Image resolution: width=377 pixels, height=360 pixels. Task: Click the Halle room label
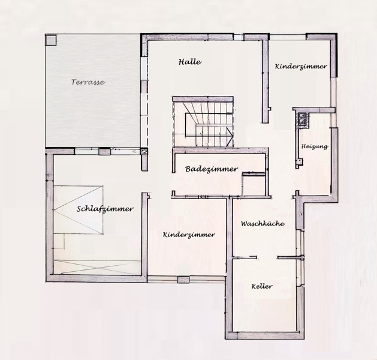[190, 62]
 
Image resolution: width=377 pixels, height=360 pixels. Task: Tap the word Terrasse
[88, 82]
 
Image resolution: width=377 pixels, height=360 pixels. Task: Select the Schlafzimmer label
[105, 209]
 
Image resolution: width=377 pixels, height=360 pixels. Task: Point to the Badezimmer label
[212, 169]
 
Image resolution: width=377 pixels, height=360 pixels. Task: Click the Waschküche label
[263, 224]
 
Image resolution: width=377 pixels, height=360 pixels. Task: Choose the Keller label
[262, 286]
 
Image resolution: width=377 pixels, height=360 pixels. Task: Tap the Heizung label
[315, 146]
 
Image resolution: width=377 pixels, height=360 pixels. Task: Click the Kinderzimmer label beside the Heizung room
[301, 67]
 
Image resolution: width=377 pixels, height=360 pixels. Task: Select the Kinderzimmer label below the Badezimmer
[189, 235]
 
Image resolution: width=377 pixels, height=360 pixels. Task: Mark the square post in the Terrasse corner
[51, 40]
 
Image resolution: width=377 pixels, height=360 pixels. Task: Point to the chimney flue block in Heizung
[302, 118]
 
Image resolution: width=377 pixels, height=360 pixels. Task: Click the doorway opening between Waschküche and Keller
[267, 257]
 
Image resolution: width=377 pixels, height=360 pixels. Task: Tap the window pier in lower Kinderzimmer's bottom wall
[183, 280]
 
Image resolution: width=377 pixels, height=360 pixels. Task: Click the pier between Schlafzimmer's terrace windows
[104, 152]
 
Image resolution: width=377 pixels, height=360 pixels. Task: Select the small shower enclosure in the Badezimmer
[254, 184]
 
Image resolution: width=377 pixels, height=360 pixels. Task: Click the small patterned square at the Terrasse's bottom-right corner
[144, 151]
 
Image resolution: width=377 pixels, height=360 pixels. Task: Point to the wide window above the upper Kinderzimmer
[288, 37]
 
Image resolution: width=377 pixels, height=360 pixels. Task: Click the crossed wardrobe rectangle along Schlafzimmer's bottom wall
[97, 268]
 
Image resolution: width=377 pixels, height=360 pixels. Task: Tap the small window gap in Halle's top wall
[239, 37]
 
